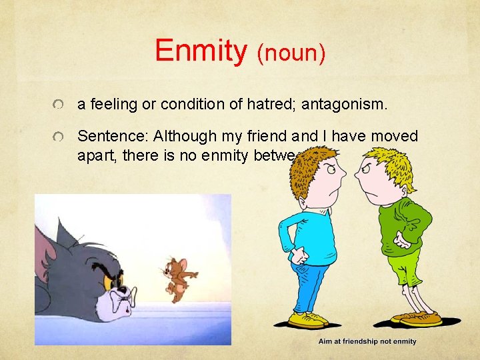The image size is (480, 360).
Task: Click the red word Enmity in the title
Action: (x=200, y=51)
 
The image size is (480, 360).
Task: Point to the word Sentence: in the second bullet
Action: (x=113, y=137)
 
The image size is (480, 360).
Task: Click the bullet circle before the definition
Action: (x=60, y=105)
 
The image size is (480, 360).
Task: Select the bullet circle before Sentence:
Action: (x=60, y=137)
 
